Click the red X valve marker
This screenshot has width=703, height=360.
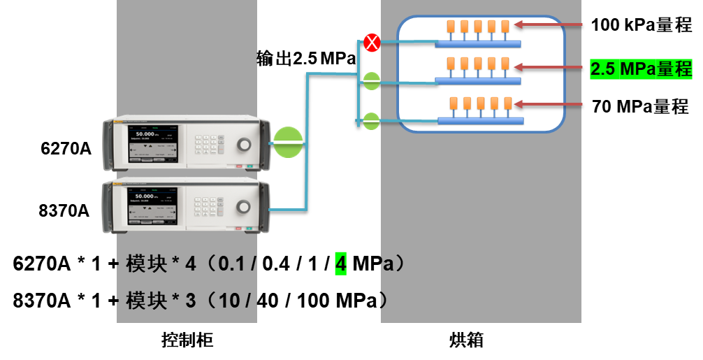point(372,43)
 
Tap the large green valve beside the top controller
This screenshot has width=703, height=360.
point(289,144)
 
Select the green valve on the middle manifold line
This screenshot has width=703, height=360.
point(372,82)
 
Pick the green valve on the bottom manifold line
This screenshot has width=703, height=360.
point(372,121)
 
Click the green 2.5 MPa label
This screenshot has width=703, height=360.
point(641,69)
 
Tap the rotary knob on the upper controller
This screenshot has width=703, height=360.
point(243,144)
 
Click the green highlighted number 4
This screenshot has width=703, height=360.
point(341,264)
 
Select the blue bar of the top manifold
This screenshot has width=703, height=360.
point(478,44)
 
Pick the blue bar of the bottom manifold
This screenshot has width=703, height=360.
point(480,121)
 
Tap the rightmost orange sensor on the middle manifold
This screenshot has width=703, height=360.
point(506,64)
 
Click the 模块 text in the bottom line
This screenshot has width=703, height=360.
point(146,301)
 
